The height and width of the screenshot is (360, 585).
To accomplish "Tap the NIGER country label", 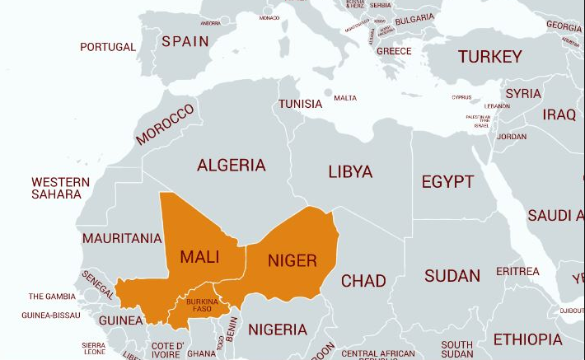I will pos(292,260).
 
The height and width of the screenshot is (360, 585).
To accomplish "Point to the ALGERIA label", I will pos(232,166).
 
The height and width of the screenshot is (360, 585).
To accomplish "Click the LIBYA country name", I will pos(350,172).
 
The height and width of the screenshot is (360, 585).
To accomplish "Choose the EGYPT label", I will pos(447,182).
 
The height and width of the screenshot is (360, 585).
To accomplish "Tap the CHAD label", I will pos(363,281).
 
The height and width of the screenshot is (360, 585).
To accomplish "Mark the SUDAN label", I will pos(452,275).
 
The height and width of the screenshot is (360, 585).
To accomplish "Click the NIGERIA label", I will pos(278,330).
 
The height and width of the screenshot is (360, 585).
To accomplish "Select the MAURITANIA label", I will pos(122,239).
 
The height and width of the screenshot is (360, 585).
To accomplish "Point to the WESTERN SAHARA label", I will pos(59,188).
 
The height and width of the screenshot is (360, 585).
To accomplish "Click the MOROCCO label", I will pos(165,125).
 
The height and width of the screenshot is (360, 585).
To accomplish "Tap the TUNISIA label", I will pos(300,104).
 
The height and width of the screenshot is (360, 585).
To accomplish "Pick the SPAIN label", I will pos(185,41).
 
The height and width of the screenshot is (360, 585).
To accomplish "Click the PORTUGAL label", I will pos(108,47).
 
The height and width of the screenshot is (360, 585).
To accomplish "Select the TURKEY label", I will pos(490,56).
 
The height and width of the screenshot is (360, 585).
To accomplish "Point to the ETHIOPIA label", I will pos(527,339).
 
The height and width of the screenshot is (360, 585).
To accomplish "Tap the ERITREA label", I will pos(517,271).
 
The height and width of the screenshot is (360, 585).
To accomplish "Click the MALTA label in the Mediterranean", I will pos(345,98).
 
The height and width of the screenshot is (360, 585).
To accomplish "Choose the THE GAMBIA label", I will pos(52,296).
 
